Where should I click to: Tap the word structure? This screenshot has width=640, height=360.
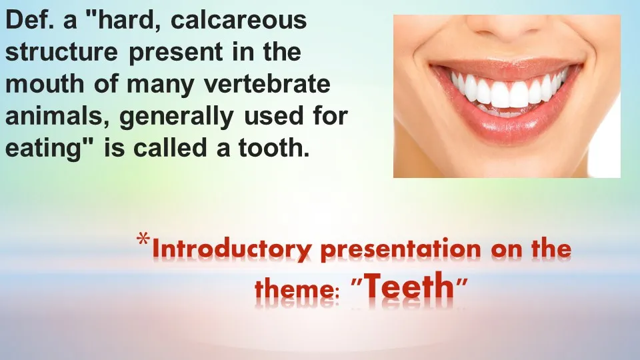[61, 52]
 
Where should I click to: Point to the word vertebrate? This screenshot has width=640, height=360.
[267, 84]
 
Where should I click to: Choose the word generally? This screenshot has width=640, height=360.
[176, 117]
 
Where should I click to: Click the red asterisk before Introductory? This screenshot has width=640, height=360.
[143, 239]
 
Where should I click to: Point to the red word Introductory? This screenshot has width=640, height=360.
[232, 249]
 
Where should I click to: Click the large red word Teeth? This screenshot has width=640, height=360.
[409, 286]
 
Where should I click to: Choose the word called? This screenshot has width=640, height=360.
[170, 147]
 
